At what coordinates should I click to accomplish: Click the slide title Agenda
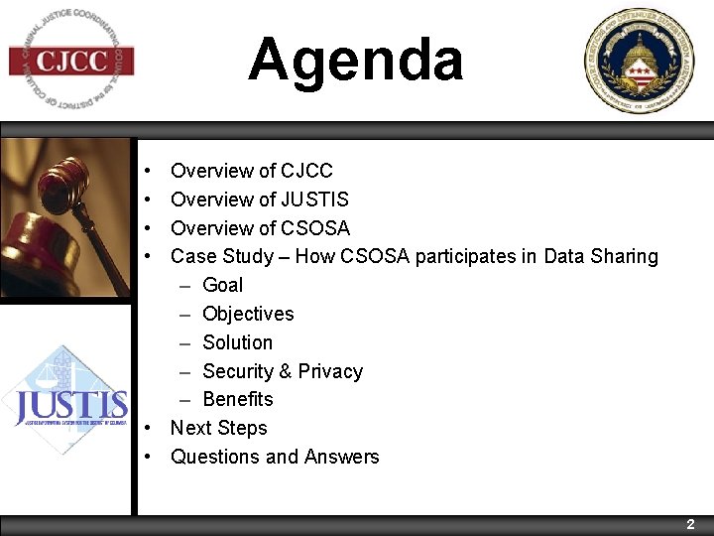(x=355, y=60)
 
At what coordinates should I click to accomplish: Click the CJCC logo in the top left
(x=71, y=62)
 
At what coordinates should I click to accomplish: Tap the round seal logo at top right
(x=639, y=62)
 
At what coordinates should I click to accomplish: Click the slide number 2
(x=691, y=524)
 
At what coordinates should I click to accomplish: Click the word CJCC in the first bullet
(x=306, y=171)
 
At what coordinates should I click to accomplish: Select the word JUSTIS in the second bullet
(x=314, y=200)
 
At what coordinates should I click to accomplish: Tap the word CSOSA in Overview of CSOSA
(x=315, y=227)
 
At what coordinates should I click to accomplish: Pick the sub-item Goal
(x=222, y=285)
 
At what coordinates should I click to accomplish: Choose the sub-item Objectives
(x=248, y=314)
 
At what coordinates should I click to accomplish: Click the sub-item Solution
(x=237, y=342)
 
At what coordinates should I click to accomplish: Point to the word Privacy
(x=330, y=371)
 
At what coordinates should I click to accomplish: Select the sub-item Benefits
(x=238, y=399)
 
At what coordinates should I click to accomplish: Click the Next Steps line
(x=219, y=428)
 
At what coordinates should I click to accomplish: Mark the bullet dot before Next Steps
(x=146, y=429)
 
